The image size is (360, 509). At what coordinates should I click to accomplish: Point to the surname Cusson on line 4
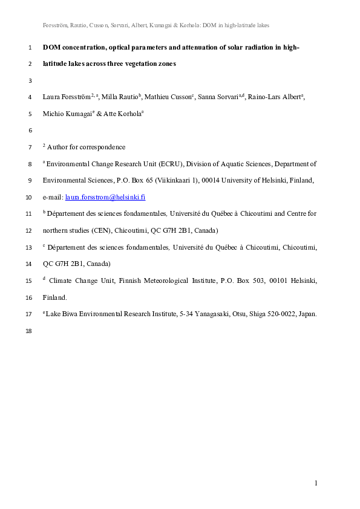pos(178,97)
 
